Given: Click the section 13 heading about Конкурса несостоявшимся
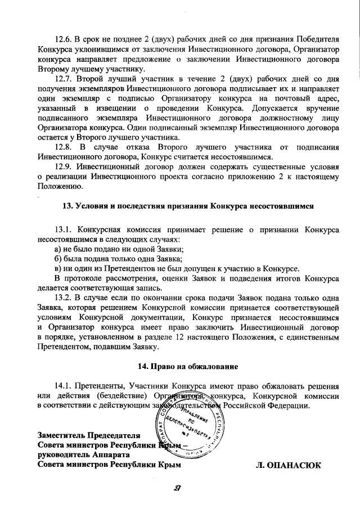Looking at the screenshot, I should click(x=187, y=206).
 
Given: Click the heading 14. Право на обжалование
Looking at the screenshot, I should click(x=187, y=366).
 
